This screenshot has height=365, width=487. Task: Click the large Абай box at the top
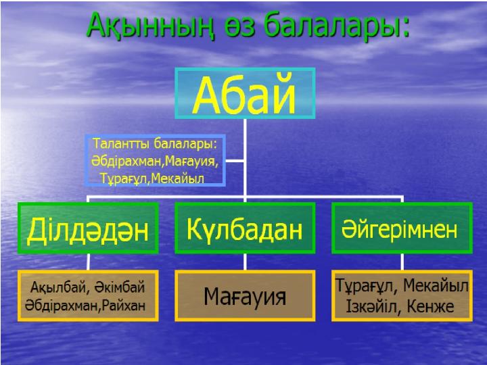click(x=245, y=93)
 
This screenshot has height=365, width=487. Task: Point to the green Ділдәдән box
click(x=88, y=228)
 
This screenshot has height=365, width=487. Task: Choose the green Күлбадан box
click(x=245, y=228)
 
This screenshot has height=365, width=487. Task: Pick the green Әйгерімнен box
click(x=402, y=228)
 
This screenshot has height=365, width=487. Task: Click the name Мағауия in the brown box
click(x=245, y=297)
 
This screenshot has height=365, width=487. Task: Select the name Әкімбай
click(x=120, y=287)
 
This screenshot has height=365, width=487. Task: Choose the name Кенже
click(x=430, y=307)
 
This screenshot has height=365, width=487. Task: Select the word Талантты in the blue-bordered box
click(x=122, y=143)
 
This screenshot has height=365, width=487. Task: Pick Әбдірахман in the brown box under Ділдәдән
click(x=62, y=306)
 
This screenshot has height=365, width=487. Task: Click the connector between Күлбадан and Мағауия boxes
click(x=245, y=262)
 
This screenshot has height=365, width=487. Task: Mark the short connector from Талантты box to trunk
click(x=235, y=161)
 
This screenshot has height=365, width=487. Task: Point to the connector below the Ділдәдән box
click(x=88, y=262)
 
